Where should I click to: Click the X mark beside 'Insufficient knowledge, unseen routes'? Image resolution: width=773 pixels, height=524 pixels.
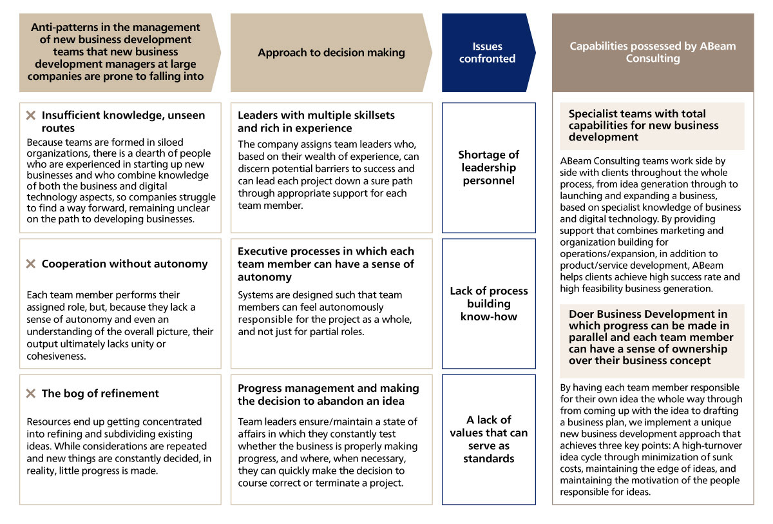pyautogui.click(x=30, y=115)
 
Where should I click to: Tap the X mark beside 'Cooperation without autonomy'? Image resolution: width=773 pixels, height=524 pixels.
pyautogui.click(x=30, y=264)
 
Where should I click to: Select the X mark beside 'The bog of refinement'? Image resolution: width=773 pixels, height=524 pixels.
pyautogui.click(x=30, y=393)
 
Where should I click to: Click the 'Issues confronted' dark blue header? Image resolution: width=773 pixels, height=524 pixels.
pyautogui.click(x=488, y=52)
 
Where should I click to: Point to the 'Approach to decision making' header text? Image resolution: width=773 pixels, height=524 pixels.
pyautogui.click(x=331, y=53)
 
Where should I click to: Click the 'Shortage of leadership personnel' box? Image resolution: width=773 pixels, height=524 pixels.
pyautogui.click(x=488, y=168)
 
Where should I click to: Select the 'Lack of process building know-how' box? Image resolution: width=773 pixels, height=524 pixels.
pyautogui.click(x=488, y=304)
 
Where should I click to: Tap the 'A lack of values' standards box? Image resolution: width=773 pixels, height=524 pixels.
pyautogui.click(x=488, y=439)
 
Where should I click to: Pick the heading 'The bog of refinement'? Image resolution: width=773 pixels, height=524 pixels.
pyautogui.click(x=100, y=393)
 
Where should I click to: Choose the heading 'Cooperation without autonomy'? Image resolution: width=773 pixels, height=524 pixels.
pyautogui.click(x=124, y=264)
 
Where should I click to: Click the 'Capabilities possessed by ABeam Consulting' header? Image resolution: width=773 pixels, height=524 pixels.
pyautogui.click(x=653, y=52)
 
